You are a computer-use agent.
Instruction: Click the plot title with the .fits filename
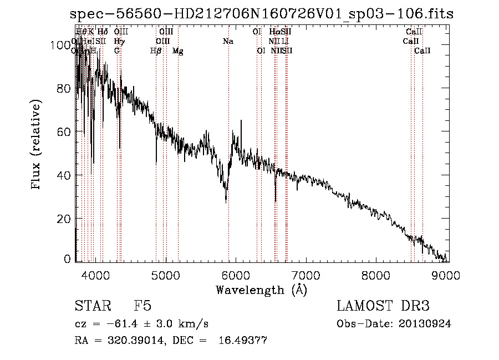click(x=263, y=14)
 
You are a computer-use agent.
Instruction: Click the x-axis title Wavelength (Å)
click(x=261, y=290)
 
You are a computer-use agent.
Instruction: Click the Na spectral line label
click(x=228, y=41)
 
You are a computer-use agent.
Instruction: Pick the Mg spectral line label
click(x=177, y=50)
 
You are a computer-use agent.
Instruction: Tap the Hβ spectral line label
click(x=156, y=50)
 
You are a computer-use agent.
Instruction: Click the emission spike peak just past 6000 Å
click(x=241, y=120)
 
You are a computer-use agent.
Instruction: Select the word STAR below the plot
click(x=89, y=306)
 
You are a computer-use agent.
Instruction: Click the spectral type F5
click(x=143, y=306)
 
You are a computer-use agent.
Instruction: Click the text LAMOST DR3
click(x=383, y=306)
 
